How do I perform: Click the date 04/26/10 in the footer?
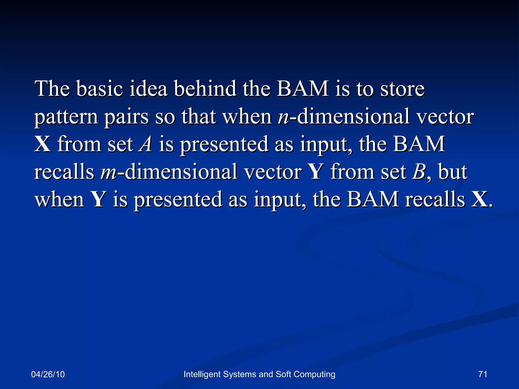[48, 374]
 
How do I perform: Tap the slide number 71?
[483, 374]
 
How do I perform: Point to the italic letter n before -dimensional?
[283, 117]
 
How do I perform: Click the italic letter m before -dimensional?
[108, 172]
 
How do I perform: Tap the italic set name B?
[419, 172]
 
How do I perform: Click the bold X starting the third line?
[42, 144]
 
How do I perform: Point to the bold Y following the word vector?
[316, 172]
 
